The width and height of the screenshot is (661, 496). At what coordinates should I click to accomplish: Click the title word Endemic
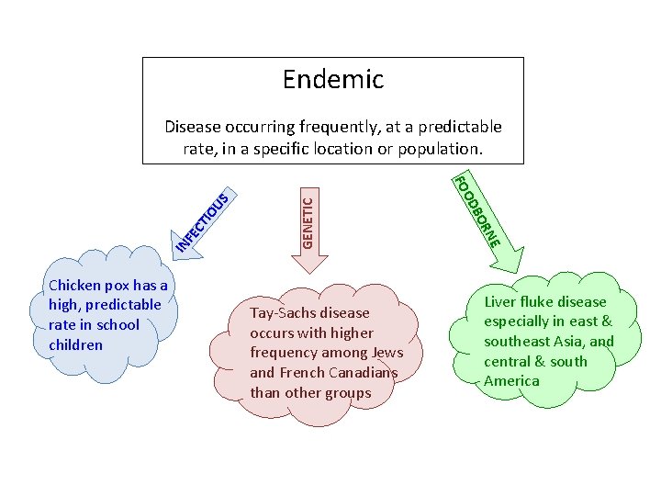click(332, 80)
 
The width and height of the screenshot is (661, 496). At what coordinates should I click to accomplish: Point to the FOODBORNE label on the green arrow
click(478, 209)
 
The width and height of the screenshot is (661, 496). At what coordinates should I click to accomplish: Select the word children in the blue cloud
click(77, 344)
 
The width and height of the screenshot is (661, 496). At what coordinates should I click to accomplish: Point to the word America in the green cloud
click(511, 381)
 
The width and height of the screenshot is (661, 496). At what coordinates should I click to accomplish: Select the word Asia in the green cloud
click(568, 342)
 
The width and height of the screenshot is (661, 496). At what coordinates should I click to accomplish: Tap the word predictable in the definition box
click(459, 127)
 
